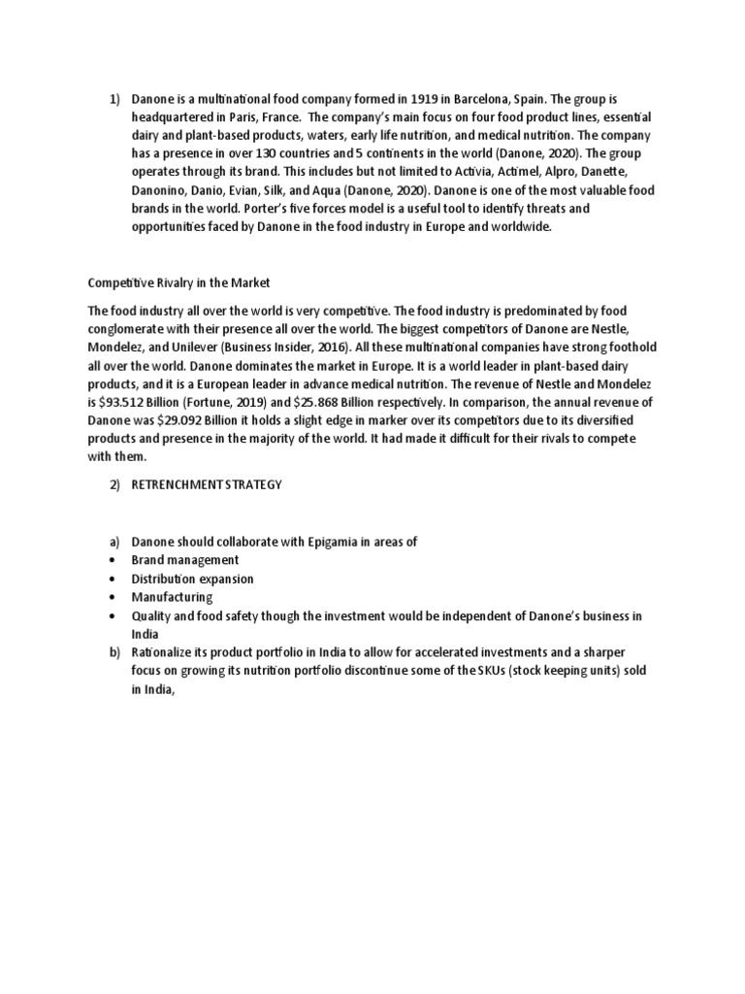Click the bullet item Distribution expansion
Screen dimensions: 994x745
tap(192, 579)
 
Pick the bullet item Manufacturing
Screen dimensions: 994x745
tap(172, 597)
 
